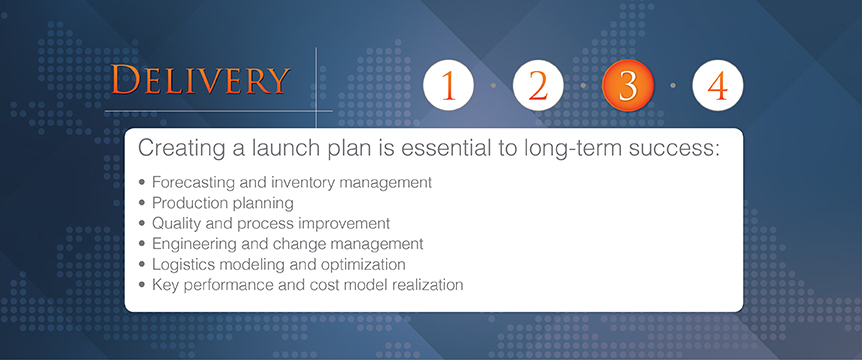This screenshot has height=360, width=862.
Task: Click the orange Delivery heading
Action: (x=200, y=80)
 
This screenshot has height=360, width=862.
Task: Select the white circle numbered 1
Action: (x=448, y=85)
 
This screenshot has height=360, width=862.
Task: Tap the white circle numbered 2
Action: (x=538, y=85)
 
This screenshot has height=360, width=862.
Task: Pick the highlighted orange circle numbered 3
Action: (x=628, y=85)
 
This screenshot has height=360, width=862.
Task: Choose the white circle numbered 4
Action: (x=717, y=85)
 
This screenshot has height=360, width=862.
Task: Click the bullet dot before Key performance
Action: (x=143, y=285)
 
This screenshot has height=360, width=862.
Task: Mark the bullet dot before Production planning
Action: (x=143, y=203)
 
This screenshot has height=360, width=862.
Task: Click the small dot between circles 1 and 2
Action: (x=493, y=86)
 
